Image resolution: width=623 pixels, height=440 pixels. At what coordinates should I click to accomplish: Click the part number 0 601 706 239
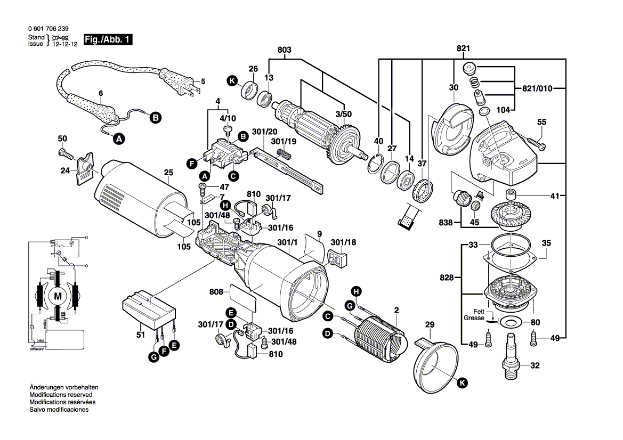click(47, 29)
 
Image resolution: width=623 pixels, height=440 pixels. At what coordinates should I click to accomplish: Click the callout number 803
click(285, 50)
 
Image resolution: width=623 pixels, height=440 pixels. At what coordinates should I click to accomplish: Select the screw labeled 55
click(536, 142)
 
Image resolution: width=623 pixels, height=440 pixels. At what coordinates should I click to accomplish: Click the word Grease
click(474, 318)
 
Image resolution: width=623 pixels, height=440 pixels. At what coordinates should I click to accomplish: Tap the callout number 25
click(168, 173)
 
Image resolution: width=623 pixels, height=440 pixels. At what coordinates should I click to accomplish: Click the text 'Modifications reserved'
click(61, 395)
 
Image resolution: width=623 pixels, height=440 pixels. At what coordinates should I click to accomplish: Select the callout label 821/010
click(535, 88)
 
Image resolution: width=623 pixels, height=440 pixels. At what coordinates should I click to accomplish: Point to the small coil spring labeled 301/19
click(286, 154)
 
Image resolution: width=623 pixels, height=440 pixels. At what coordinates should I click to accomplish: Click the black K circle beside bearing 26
click(231, 81)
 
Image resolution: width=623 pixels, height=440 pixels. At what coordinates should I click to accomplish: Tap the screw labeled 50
click(65, 154)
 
